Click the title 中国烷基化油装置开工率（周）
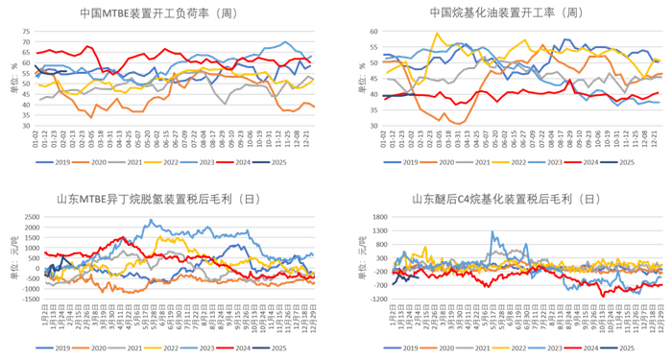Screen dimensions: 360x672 505,13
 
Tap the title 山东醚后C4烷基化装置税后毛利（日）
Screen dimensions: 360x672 506,200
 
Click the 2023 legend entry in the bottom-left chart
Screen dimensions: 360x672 228,347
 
